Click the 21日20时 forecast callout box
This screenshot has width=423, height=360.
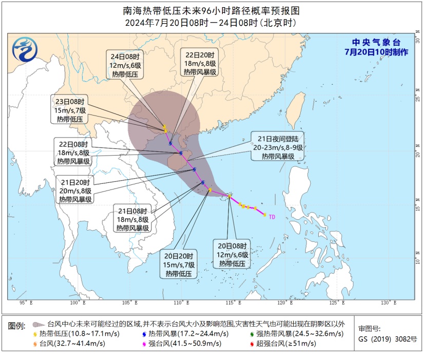75,191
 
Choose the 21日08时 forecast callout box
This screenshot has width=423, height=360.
132,220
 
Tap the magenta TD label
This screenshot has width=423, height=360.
272,217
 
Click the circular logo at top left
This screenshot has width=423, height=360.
25,50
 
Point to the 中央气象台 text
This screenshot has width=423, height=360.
375,42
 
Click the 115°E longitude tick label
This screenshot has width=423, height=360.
233,303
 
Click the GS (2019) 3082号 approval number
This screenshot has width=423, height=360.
387,339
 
